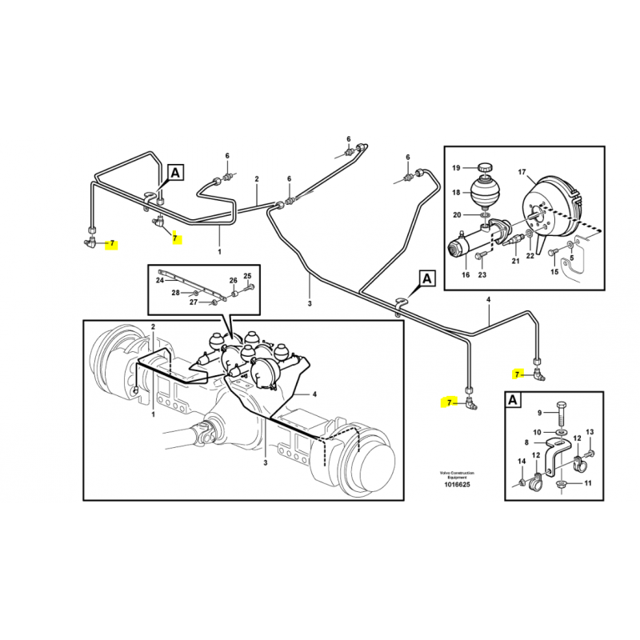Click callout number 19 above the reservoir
point(456,168)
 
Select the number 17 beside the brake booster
point(522,172)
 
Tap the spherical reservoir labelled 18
point(485,190)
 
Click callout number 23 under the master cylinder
point(482,274)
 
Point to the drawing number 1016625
point(457,485)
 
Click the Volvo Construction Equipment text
point(457,474)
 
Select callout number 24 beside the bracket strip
point(160,280)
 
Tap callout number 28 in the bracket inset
point(175,293)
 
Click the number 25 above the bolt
point(247,276)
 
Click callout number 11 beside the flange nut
point(588,483)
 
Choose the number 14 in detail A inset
point(522,462)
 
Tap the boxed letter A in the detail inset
point(513,400)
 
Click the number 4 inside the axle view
point(314,394)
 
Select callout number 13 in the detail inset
point(590,432)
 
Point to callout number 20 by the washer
point(457,214)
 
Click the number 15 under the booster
point(554,272)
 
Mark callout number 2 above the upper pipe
point(257,178)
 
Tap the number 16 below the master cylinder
point(466,274)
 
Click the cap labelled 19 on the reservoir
point(486,168)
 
